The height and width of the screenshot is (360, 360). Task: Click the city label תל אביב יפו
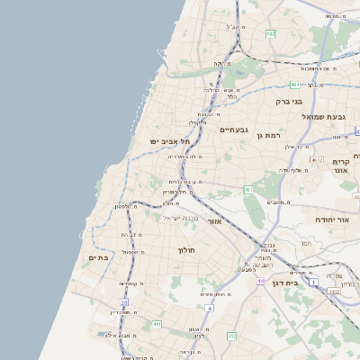pyautogui.click(x=166, y=141)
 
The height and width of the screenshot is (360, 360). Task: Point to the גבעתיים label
pyautogui.click(x=234, y=130)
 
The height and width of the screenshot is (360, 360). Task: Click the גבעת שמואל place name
pyautogui.click(x=329, y=116)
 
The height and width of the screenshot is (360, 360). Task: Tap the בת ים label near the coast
pyautogui.click(x=98, y=258)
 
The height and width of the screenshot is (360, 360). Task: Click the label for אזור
pyautogui.click(x=214, y=220)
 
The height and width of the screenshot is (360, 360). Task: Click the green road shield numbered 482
pyautogui.click(x=270, y=33)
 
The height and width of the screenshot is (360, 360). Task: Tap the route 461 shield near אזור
pyautogui.click(x=248, y=189)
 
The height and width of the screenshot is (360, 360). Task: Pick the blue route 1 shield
pyautogui.click(x=313, y=282)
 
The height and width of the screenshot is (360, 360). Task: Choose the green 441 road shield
pyautogui.click(x=157, y=323)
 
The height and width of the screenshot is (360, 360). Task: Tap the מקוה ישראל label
pyautogui.click(x=176, y=218)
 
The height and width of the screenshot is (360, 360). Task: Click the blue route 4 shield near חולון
pyautogui.click(x=209, y=308)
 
